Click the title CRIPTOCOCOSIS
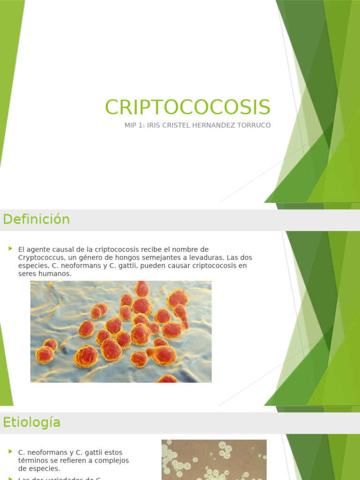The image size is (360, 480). point(187,107)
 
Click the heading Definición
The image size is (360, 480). point(37,219)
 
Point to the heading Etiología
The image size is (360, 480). point(32,422)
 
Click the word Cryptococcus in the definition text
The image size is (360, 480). point(38,257)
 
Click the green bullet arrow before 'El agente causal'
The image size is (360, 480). point(10,248)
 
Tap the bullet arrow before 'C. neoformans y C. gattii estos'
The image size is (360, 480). point(10,451)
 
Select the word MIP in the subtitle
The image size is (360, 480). point(131,126)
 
